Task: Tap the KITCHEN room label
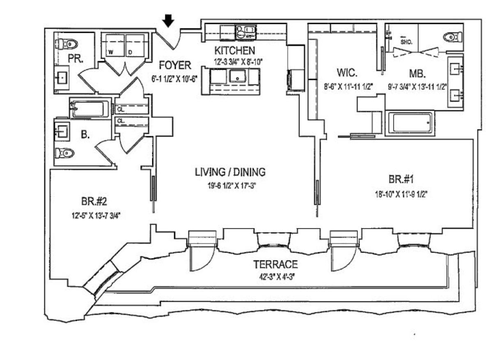[x=234, y=51]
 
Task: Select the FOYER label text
[x=175, y=65]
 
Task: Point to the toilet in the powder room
[x=67, y=43]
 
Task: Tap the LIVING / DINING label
[x=230, y=172]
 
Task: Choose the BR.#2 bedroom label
[x=95, y=202]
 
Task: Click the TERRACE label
[x=275, y=264]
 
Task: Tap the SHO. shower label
[x=406, y=42]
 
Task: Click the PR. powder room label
[x=76, y=58]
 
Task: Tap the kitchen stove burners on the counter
[x=245, y=32]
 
